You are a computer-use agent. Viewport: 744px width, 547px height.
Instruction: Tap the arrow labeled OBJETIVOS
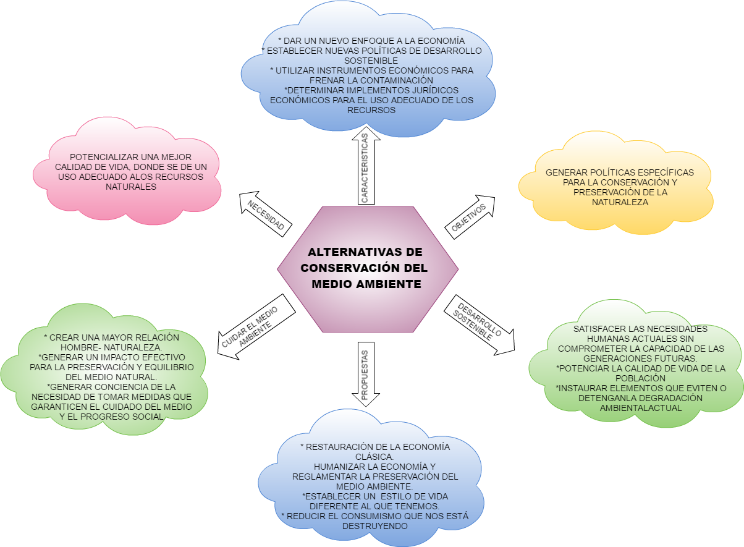[469, 218]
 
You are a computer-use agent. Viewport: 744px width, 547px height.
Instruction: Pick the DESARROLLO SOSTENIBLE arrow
[478, 325]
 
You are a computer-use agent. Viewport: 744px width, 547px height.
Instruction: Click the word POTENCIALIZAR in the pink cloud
[99, 157]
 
